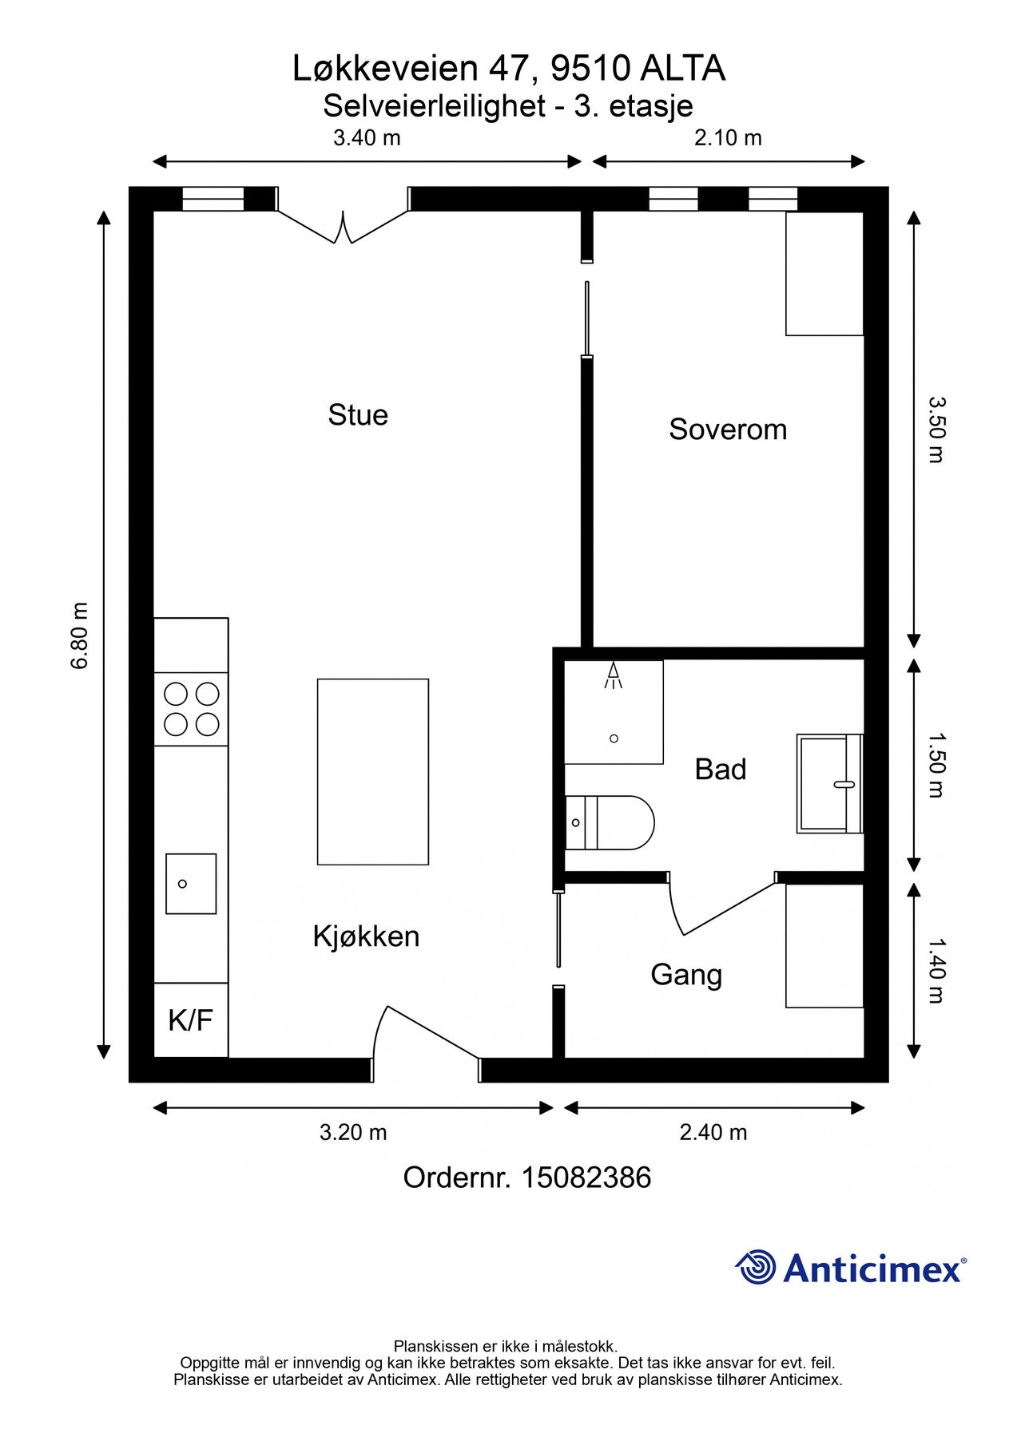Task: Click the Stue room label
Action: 358,415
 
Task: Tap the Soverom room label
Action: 728,430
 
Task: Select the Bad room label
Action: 721,770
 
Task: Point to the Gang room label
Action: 686,976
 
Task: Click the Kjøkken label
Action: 366,936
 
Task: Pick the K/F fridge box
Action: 191,1019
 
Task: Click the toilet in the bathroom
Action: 610,822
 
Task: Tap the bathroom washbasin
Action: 830,784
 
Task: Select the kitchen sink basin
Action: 191,884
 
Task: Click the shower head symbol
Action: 614,675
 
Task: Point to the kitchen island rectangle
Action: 373,772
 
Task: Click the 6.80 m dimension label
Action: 80,635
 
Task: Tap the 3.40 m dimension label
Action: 367,137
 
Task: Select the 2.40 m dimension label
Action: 713,1132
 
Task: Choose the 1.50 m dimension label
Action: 936,765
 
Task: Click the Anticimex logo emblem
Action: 756,1267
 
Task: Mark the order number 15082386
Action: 586,1178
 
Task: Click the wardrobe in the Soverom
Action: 825,274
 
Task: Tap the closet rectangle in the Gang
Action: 825,946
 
